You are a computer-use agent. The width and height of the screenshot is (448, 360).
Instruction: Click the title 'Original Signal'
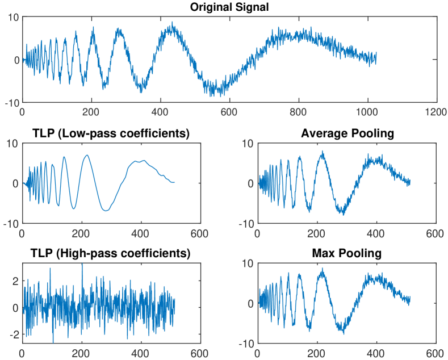tap(229, 7)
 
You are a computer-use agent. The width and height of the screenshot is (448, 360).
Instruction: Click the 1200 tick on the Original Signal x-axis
tap(436, 112)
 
